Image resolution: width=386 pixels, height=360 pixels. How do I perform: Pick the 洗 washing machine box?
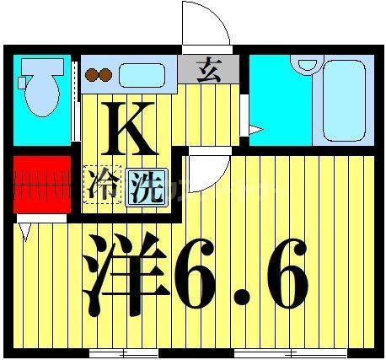click(145, 185)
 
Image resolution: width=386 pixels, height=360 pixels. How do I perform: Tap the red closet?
click(40, 183)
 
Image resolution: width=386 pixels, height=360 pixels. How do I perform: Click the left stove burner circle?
click(90, 74)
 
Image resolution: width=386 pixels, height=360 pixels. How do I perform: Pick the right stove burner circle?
click(105, 74)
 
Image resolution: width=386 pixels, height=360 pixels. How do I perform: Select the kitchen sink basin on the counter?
click(147, 74)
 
